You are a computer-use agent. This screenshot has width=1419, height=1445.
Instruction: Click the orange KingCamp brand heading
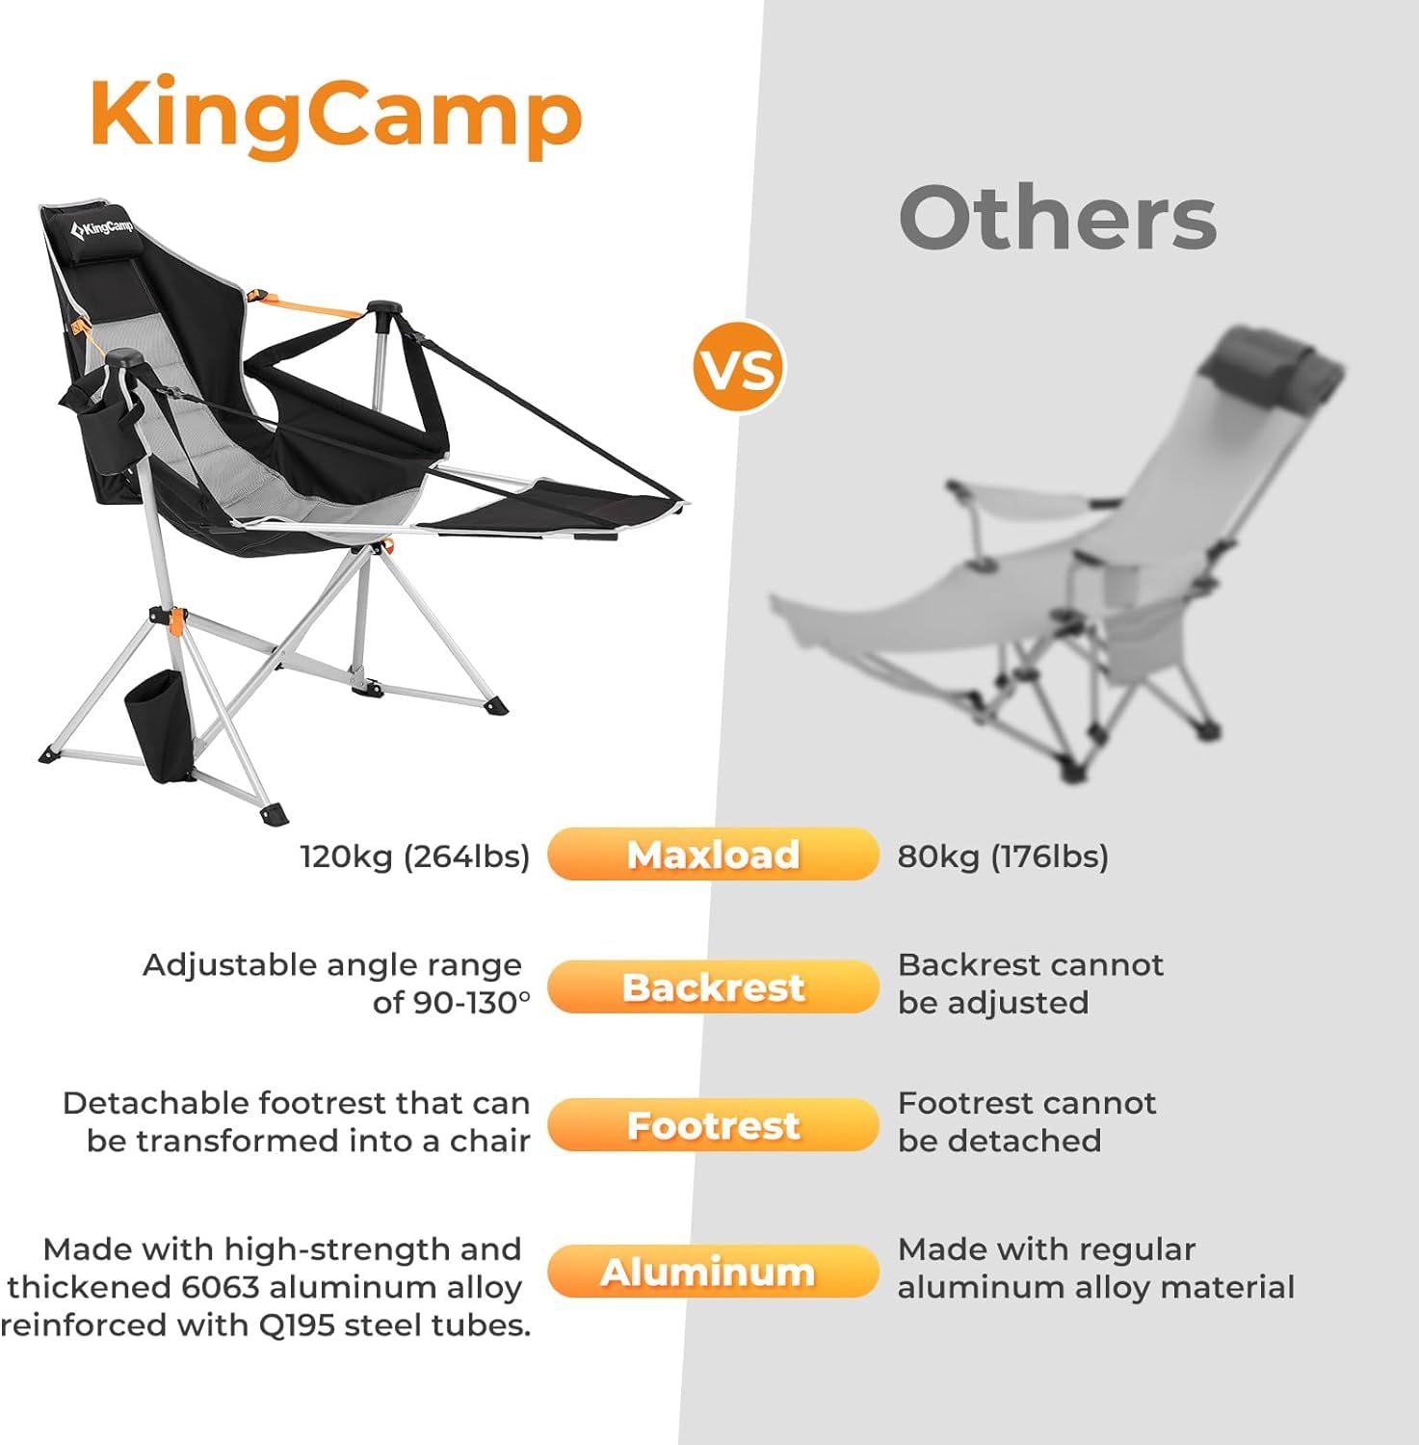point(336,116)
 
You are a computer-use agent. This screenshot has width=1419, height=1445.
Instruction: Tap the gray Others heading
point(1058,218)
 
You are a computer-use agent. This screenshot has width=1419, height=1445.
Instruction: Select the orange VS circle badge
point(739,368)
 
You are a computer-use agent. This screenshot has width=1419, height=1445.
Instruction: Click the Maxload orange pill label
point(713,854)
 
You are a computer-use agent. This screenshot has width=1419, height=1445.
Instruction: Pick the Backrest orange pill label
point(713,987)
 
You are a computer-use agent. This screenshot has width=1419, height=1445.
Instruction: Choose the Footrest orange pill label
point(713,1125)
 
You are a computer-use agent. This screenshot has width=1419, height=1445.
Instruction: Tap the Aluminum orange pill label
point(713,1273)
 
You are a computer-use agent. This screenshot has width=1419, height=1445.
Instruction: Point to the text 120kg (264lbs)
point(415,856)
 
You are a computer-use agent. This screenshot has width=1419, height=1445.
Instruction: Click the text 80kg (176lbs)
point(1003,856)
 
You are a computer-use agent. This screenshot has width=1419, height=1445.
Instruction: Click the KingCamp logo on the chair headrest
point(102,228)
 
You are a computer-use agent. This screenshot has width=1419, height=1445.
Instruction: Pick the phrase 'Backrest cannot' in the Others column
point(1030,965)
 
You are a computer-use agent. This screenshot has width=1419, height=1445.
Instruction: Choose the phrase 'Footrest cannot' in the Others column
point(1027,1103)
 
